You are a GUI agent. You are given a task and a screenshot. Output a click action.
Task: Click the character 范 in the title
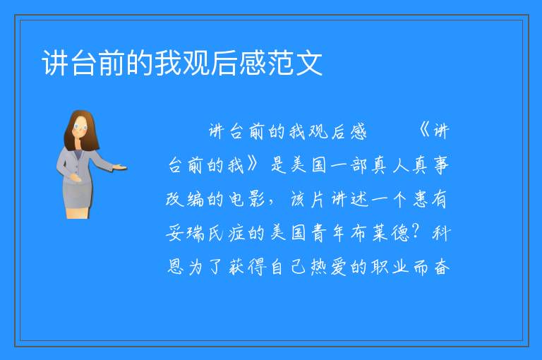[x=281, y=63]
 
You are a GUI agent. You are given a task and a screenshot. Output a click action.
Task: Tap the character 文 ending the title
[x=309, y=63]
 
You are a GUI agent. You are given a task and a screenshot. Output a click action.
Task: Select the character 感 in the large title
[x=253, y=63]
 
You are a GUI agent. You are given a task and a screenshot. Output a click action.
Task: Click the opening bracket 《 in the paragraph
[x=424, y=131]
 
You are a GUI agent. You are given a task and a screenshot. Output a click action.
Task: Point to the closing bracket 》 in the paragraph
[x=253, y=164]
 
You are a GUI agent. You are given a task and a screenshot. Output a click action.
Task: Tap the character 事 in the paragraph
[x=440, y=164]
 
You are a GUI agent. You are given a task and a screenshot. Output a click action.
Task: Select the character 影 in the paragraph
[x=256, y=198]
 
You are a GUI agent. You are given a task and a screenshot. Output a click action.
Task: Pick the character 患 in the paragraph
[x=421, y=198]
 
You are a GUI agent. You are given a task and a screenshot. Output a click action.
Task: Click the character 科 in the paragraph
[x=440, y=232]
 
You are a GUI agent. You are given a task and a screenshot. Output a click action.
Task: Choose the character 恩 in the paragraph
[x=176, y=266]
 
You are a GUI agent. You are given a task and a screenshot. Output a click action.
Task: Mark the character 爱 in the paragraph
[x=339, y=266]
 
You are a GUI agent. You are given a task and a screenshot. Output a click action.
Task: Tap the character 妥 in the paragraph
[x=174, y=232]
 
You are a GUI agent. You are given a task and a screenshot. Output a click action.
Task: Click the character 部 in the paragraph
[x=359, y=164]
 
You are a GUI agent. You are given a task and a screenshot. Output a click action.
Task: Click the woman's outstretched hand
[x=120, y=168]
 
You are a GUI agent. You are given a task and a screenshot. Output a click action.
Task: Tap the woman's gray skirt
[x=78, y=193]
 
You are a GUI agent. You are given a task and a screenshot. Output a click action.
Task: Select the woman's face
[x=80, y=128]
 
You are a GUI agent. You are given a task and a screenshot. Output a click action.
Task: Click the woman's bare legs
[x=78, y=212]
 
